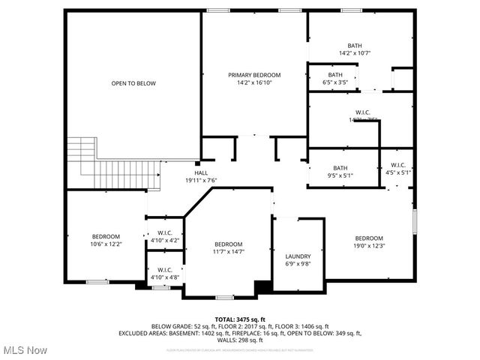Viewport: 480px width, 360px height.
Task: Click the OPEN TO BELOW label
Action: (133, 83)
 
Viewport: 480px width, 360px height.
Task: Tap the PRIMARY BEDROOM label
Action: (254, 75)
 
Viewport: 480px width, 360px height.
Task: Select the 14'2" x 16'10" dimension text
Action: (254, 83)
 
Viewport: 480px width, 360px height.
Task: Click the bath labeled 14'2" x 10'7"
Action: (355, 49)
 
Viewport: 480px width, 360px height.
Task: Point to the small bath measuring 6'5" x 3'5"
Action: (334, 78)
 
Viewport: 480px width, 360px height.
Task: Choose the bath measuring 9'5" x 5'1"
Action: (340, 172)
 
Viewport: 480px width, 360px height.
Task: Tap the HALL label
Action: (201, 172)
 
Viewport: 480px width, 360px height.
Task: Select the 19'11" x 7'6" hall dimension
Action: (201, 180)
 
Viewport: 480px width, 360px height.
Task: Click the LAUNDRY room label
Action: (298, 256)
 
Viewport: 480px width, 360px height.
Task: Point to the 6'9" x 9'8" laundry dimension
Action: (298, 264)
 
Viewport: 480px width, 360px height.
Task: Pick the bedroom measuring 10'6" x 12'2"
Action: (106, 240)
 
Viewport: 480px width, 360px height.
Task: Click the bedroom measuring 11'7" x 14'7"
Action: (228, 248)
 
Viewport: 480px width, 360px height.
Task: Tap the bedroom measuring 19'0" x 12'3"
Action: (369, 242)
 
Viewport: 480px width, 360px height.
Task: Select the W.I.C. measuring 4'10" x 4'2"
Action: (165, 237)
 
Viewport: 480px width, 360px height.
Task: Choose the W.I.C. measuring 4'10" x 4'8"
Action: (165, 274)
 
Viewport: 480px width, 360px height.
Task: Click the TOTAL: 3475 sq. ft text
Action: (240, 319)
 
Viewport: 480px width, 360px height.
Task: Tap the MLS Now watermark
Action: (25, 350)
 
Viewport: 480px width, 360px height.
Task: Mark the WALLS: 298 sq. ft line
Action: (240, 340)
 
